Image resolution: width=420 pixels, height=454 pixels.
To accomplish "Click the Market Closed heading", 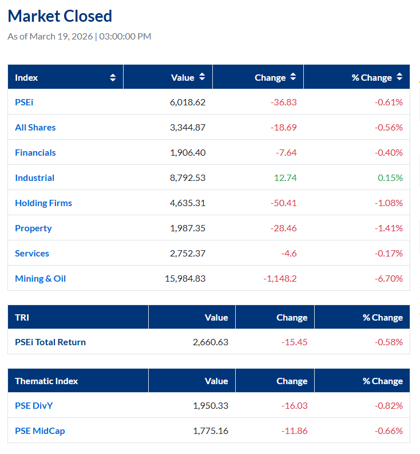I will coord(60,16).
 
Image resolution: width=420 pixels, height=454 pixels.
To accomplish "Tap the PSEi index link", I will coord(24,102).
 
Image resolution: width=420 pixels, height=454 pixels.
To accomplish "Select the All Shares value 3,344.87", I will coord(187,127).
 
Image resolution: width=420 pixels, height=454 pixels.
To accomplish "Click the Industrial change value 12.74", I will coord(285,177).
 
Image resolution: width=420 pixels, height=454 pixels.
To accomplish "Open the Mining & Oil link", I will coord(40,278).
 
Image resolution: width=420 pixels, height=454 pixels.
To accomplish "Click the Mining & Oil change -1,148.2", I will coord(280,278).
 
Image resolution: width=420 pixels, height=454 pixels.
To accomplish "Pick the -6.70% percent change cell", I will coord(389,278).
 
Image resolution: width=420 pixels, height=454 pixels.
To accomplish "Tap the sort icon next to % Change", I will coord(399,77).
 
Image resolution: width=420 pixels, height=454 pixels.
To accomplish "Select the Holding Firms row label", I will coord(43,203).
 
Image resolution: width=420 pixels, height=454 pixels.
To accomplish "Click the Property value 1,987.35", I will coord(187,228).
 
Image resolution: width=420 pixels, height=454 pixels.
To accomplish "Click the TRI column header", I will coord(22,317).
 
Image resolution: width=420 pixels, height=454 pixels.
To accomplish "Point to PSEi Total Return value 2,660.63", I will coord(210,342).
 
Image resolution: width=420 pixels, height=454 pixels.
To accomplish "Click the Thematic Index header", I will coord(46,381).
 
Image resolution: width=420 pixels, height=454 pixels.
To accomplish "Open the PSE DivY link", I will coord(34,405).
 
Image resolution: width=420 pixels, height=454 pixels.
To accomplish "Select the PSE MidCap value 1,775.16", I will coord(210,431).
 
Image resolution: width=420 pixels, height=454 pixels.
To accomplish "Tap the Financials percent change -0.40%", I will coord(389,152).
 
